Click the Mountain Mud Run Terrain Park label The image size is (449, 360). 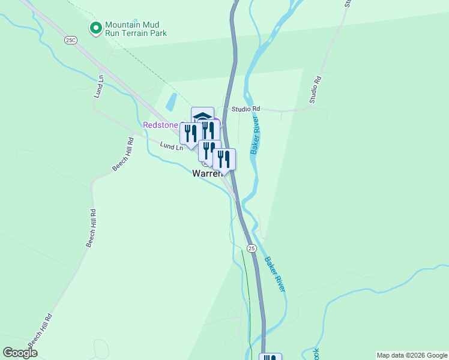pyautogui.click(x=135, y=29)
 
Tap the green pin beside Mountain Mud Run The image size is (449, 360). pyautogui.click(x=95, y=28)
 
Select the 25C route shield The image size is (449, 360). pyautogui.click(x=71, y=39)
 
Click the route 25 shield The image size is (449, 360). pyautogui.click(x=252, y=248)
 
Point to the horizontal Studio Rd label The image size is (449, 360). pyautogui.click(x=248, y=109)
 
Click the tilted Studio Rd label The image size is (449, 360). pyautogui.click(x=316, y=89)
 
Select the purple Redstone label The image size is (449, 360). pyautogui.click(x=161, y=125)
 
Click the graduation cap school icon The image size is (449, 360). pyautogui.click(x=202, y=116)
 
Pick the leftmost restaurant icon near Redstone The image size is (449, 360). pyautogui.click(x=190, y=133)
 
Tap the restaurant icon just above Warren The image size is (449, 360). pyautogui.click(x=209, y=149)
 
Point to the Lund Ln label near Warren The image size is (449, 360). pyautogui.click(x=172, y=146)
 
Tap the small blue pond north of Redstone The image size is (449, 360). pyautogui.click(x=171, y=101)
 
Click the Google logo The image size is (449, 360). pyautogui.click(x=20, y=353)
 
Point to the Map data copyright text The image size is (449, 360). pyautogui.click(x=412, y=355)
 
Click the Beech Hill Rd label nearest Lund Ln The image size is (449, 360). pyautogui.click(x=122, y=154)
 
